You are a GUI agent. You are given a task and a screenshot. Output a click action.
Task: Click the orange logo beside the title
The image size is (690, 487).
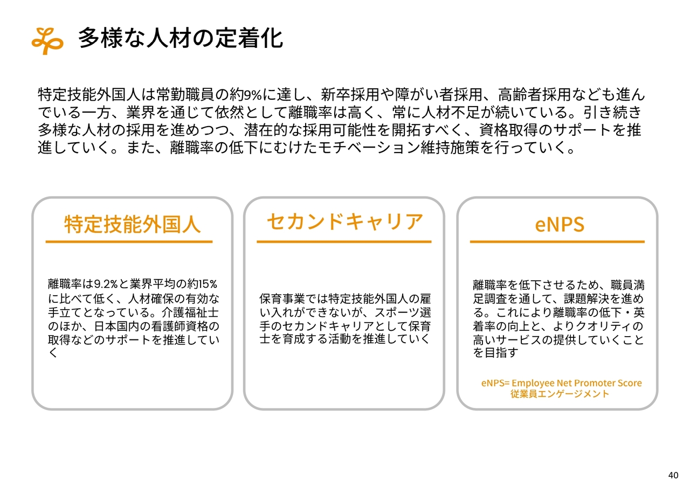47,40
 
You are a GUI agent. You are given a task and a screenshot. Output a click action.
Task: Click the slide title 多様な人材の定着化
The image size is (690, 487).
181,38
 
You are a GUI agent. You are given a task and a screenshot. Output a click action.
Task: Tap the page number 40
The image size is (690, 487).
673,475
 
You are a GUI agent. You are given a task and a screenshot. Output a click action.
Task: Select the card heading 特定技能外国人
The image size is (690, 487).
133,224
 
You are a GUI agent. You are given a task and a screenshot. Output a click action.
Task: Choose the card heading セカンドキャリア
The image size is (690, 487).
344,221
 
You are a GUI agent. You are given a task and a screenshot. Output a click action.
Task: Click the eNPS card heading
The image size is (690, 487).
560,224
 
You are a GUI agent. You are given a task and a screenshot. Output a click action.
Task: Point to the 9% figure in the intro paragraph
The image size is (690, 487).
253,94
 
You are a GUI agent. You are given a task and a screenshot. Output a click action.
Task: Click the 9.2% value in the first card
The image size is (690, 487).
105,284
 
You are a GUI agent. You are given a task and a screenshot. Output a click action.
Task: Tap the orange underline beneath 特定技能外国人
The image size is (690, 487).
129,242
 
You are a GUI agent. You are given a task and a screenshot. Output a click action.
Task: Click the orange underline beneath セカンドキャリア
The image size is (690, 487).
344,242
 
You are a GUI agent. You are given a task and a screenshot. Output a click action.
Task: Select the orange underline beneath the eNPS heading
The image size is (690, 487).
557,242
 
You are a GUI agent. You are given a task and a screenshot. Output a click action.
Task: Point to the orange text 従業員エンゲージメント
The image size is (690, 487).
560,394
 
